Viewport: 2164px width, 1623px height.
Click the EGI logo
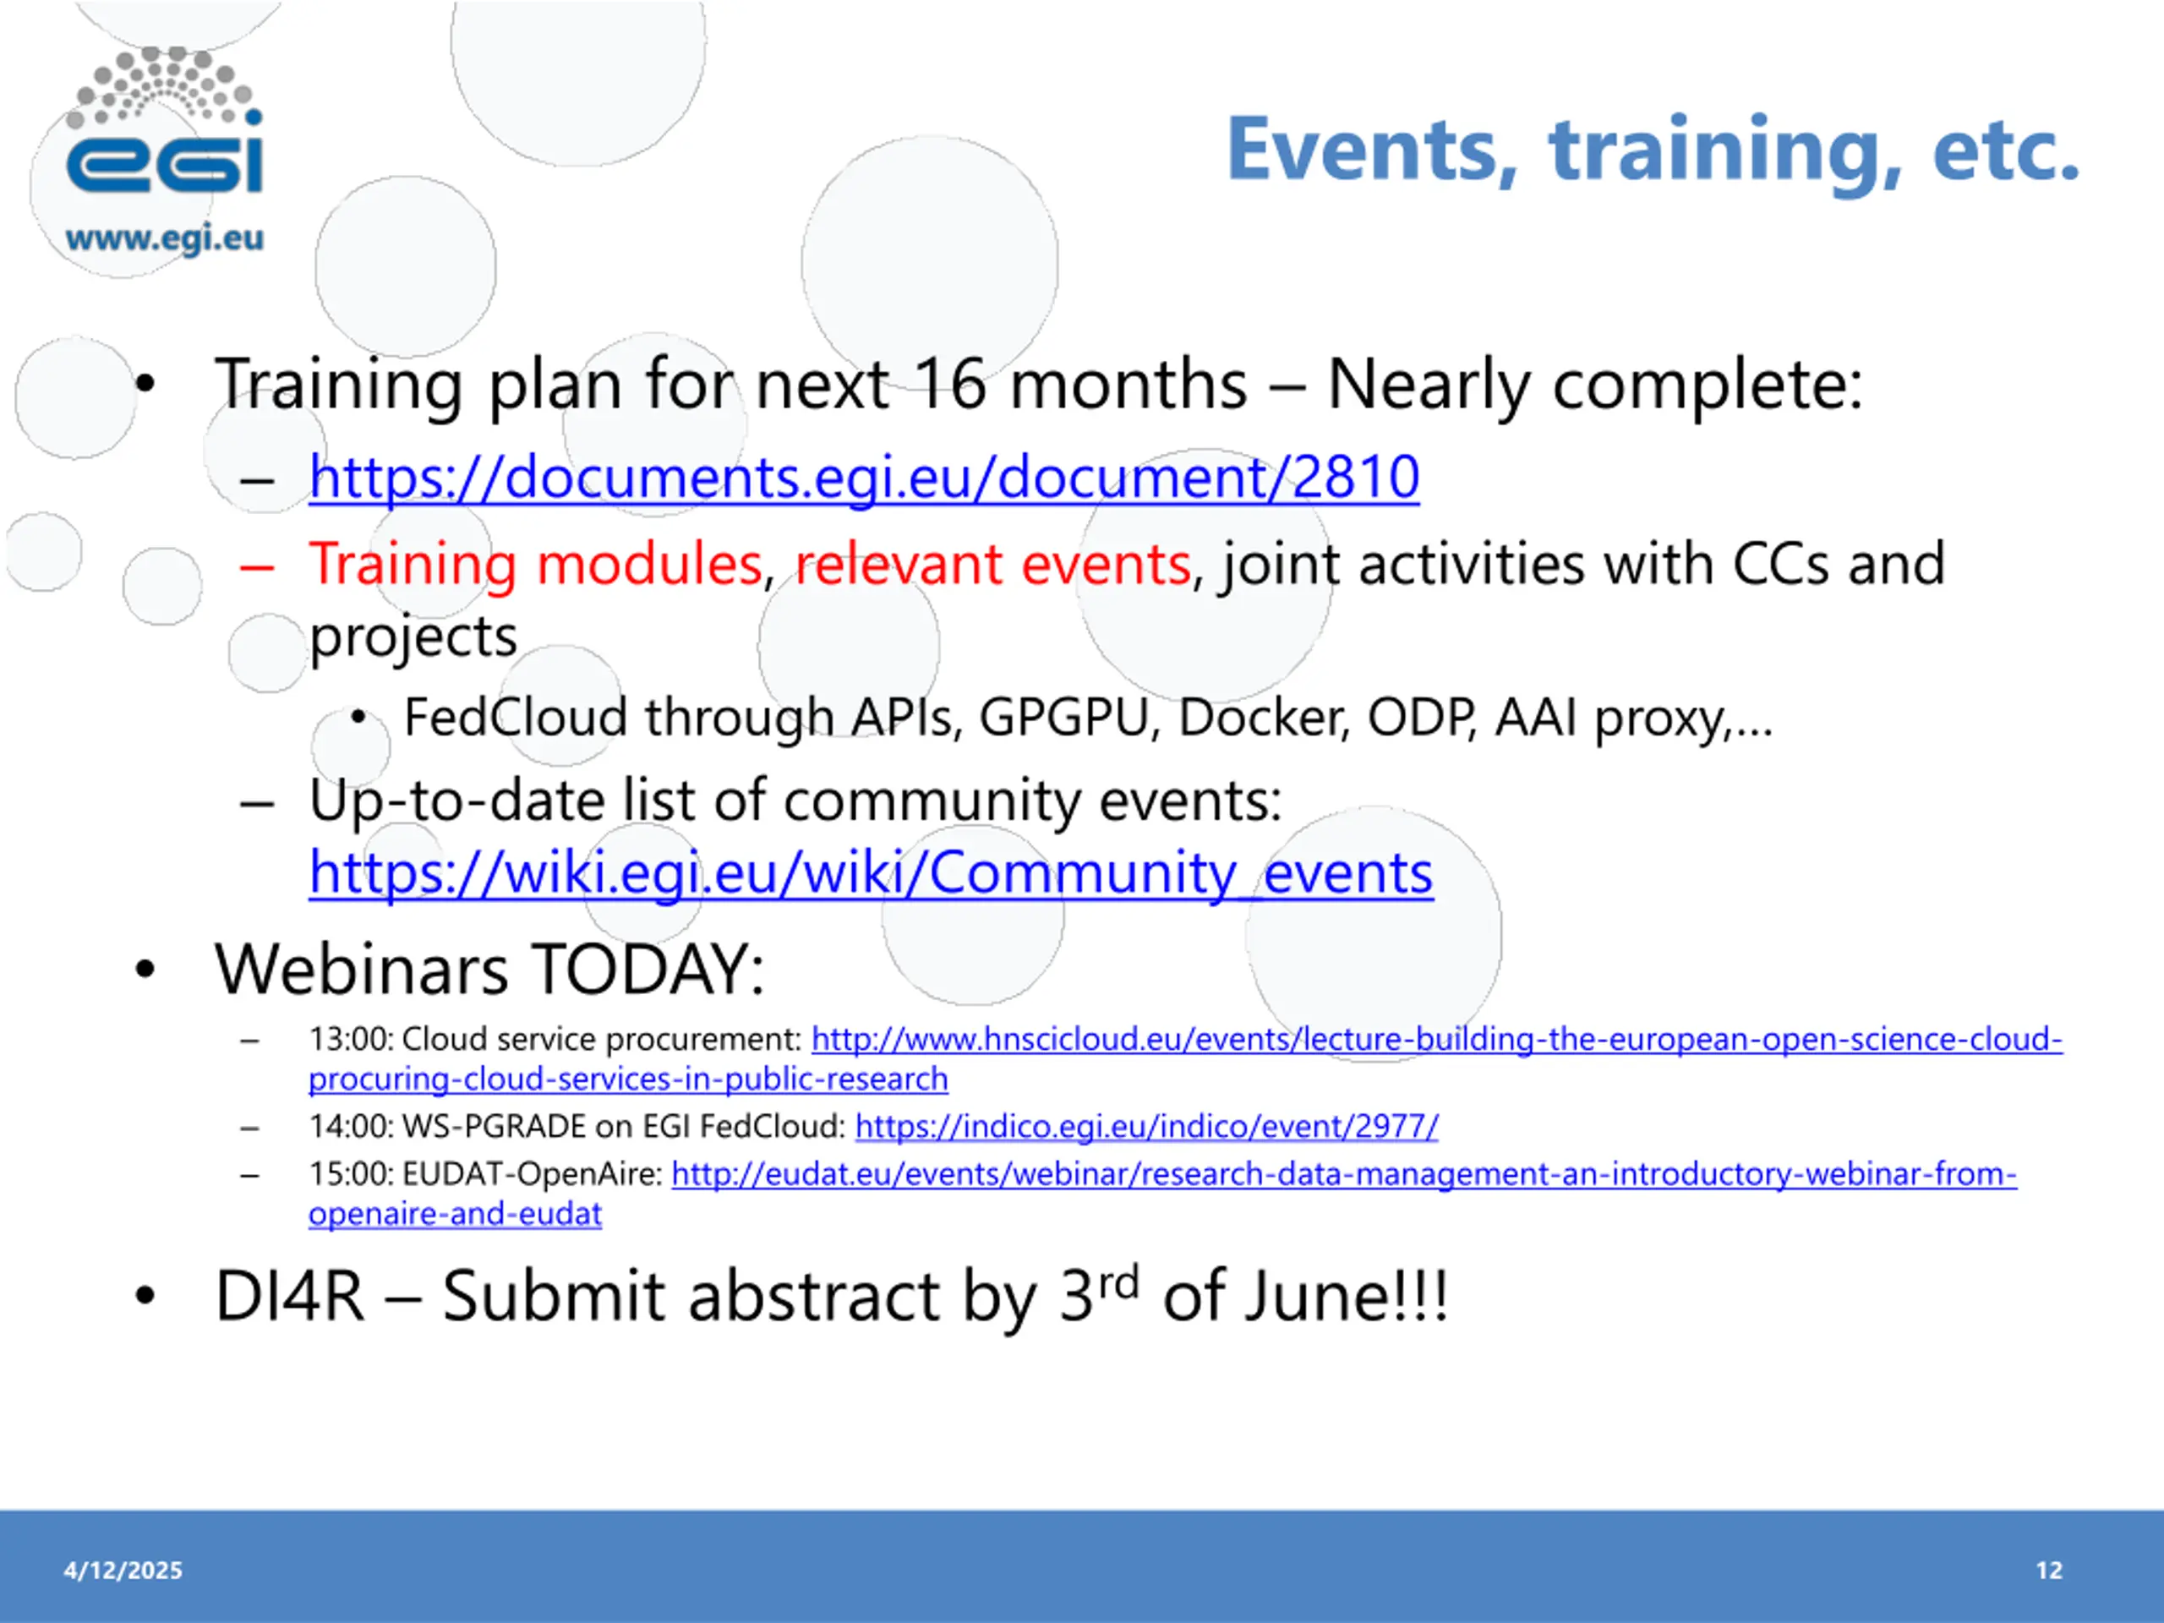click(x=164, y=123)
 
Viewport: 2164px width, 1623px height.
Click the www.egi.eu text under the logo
click(x=164, y=238)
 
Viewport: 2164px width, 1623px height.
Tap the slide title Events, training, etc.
click(x=1653, y=150)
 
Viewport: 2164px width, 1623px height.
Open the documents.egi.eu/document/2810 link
click(x=864, y=478)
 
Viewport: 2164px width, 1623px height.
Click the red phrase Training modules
click(x=535, y=564)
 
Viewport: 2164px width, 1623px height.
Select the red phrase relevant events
click(x=992, y=565)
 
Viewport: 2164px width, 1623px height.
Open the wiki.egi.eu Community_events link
click(x=871, y=872)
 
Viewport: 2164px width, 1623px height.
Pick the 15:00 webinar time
click(x=351, y=1173)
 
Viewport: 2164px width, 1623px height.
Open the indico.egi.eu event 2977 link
click(x=1146, y=1127)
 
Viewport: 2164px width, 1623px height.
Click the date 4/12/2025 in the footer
click(x=123, y=1571)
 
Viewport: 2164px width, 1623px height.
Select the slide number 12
click(x=2050, y=1571)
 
